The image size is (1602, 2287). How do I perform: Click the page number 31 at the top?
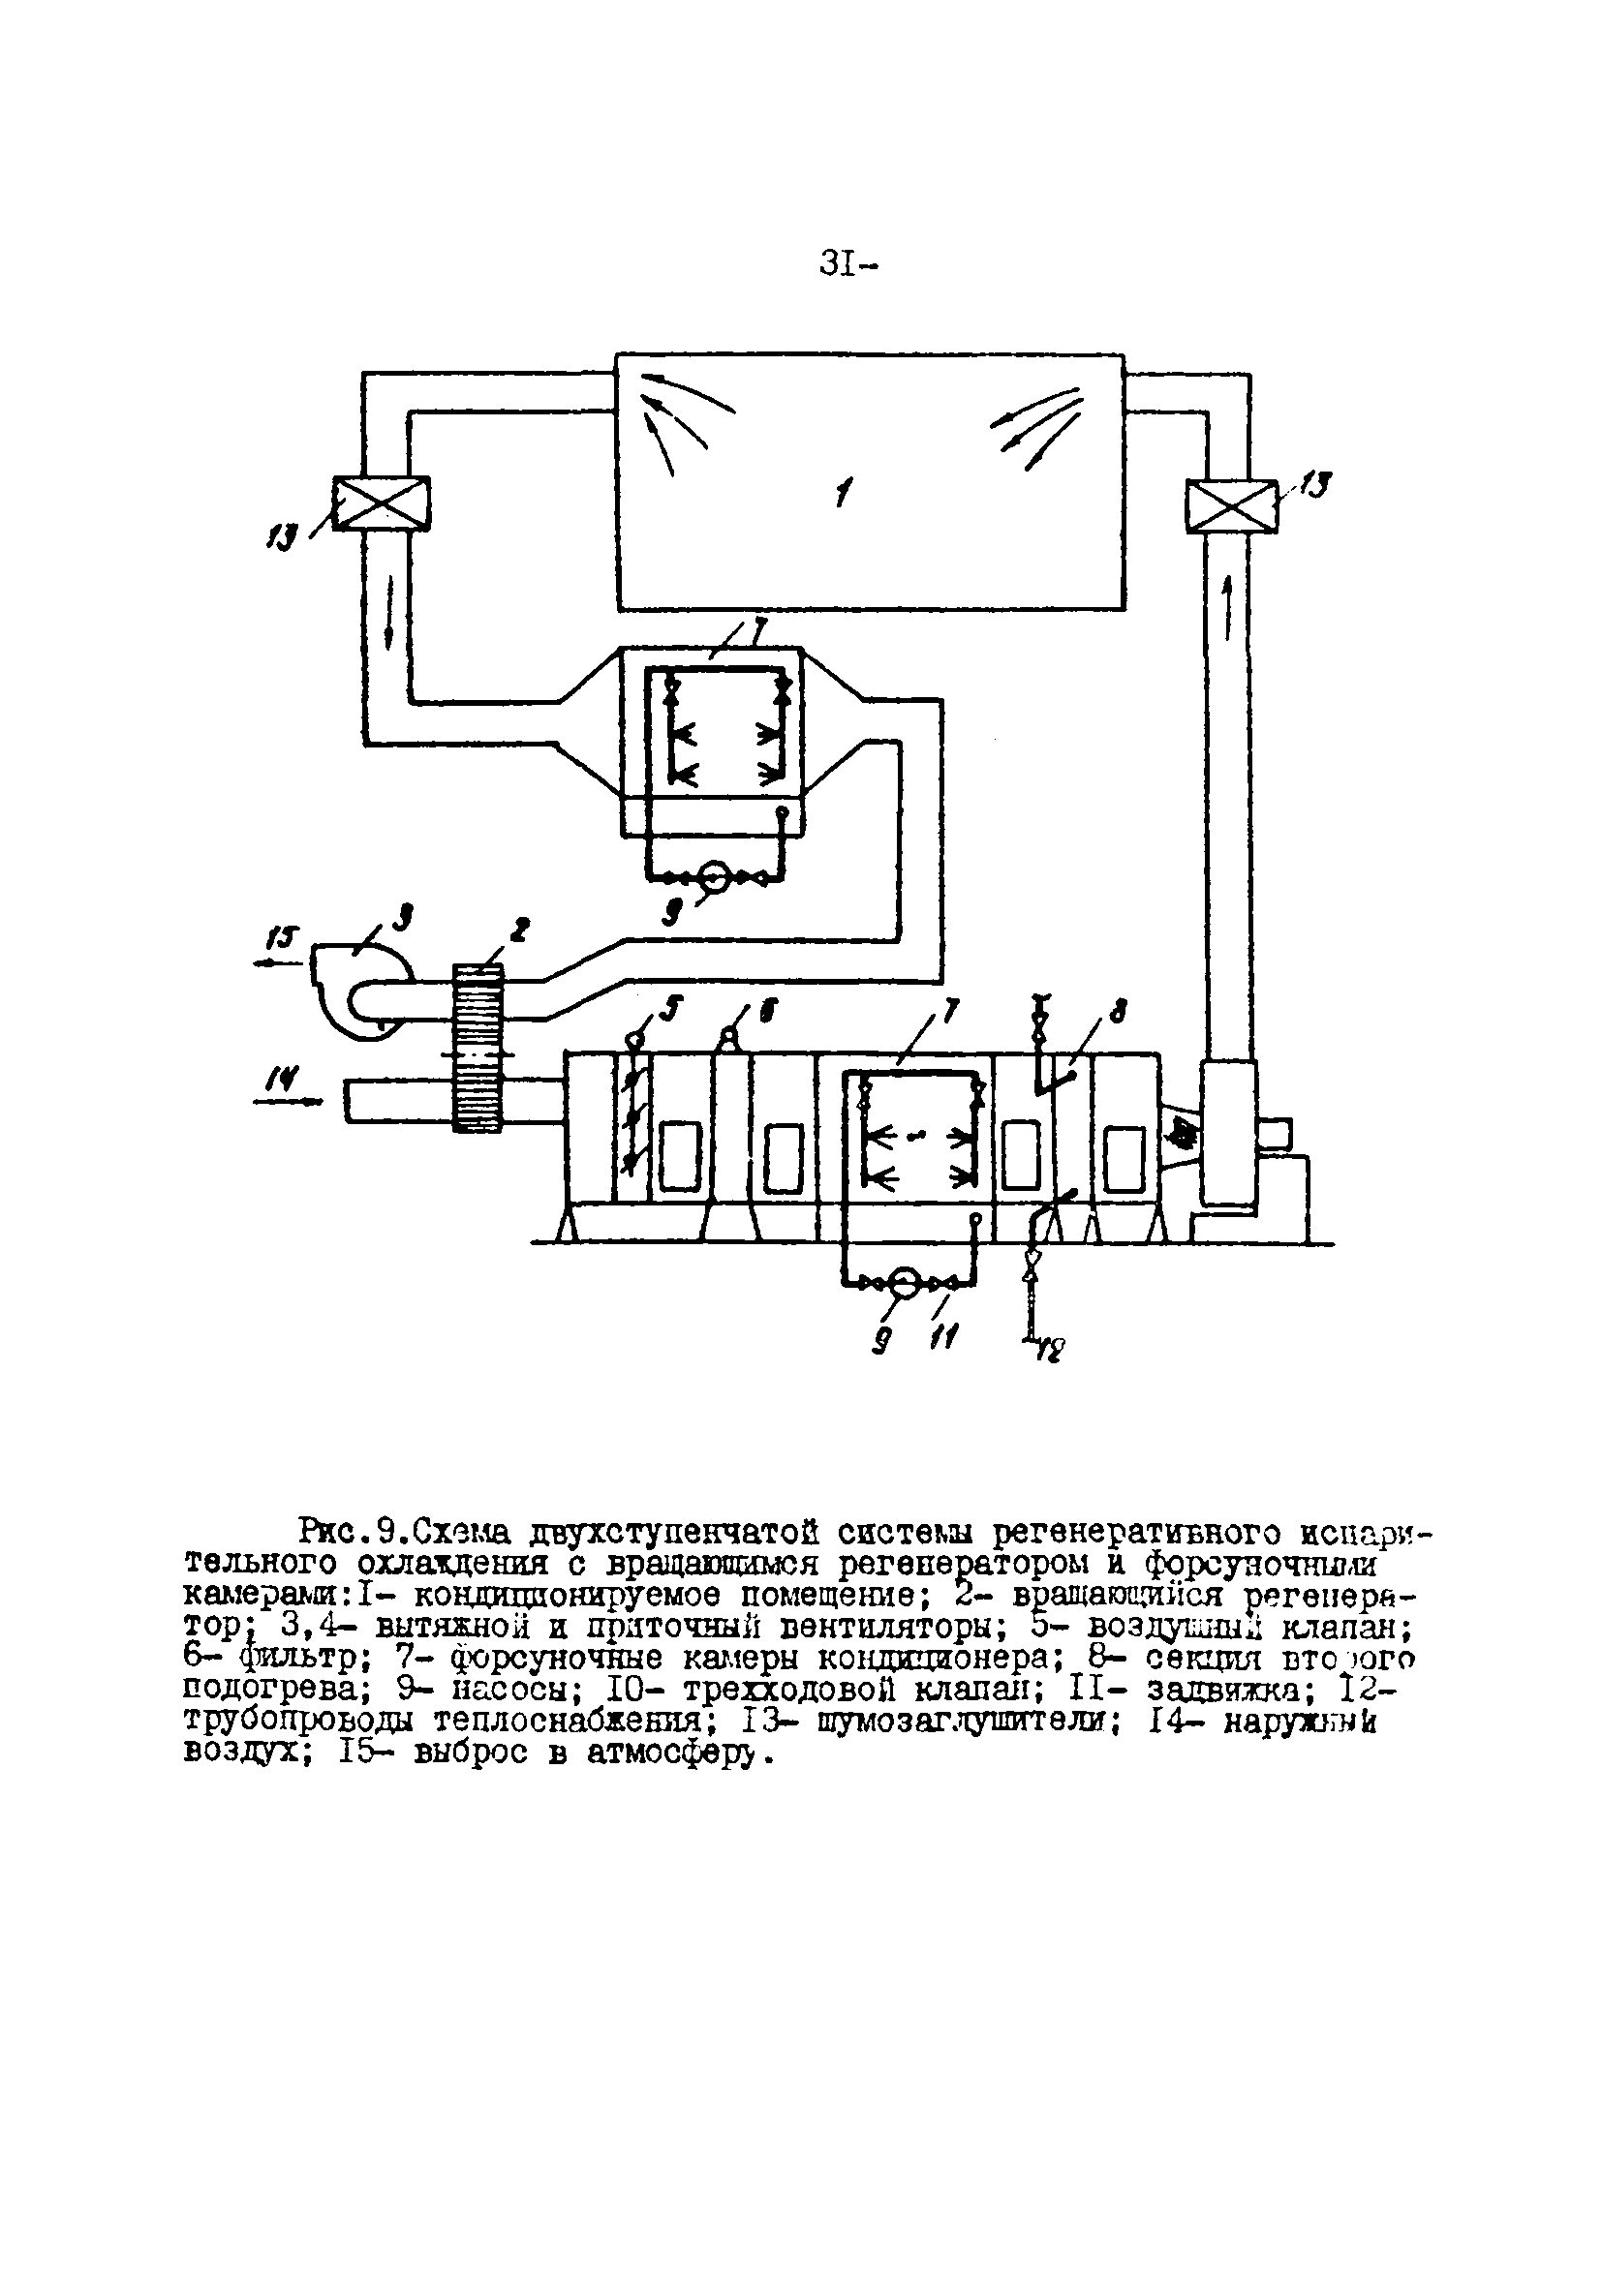[x=847, y=266]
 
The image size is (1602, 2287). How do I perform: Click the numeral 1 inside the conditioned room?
[x=844, y=492]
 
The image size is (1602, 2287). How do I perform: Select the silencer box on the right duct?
[x=1230, y=505]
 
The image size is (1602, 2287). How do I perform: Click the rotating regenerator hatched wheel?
[x=478, y=1046]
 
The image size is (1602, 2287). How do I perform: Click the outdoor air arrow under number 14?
[x=289, y=1101]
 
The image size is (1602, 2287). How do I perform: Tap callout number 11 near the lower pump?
[x=940, y=1340]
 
